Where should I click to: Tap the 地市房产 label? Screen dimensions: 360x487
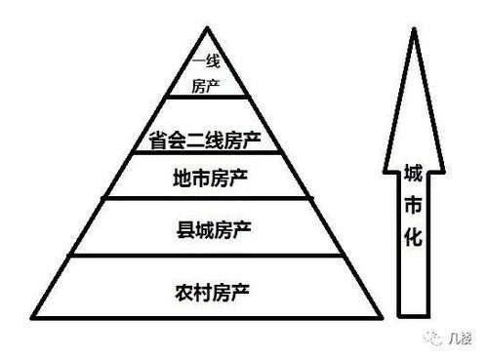click(x=211, y=179)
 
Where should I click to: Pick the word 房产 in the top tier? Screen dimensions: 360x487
click(x=208, y=85)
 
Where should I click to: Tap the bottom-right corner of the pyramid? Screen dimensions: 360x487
click(x=382, y=317)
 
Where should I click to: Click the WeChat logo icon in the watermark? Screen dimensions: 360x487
click(x=428, y=335)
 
